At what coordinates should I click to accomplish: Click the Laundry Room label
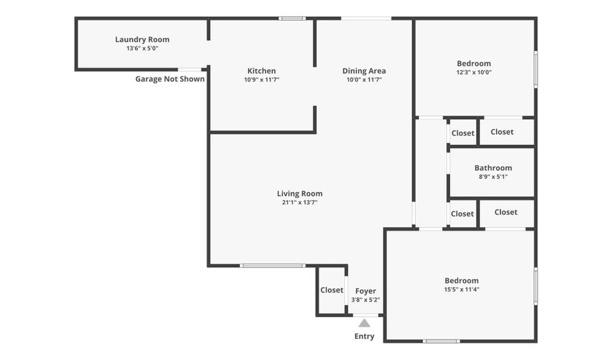[142, 39]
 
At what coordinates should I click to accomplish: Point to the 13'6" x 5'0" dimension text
[142, 49]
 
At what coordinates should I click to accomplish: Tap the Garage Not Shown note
[170, 79]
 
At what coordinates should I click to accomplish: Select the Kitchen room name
[261, 71]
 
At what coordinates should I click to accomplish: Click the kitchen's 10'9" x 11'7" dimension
[261, 80]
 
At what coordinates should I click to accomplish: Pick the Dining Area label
[364, 71]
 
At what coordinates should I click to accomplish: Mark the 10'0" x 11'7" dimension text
[364, 80]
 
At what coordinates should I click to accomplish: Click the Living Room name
[299, 194]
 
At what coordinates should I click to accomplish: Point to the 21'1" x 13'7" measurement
[299, 203]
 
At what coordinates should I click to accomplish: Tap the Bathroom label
[493, 168]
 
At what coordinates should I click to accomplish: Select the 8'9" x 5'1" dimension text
[493, 177]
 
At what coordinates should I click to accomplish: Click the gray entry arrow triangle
[364, 323]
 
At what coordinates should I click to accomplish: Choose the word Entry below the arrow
[364, 336]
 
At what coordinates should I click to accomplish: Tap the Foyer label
[365, 291]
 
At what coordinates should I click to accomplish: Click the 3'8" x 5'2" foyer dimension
[365, 300]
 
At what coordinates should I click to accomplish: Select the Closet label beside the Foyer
[332, 290]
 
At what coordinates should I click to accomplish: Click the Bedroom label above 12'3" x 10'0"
[474, 64]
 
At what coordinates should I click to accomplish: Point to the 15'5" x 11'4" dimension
[462, 290]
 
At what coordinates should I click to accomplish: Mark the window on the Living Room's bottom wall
[273, 265]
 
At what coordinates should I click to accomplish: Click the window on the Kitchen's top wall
[292, 18]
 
